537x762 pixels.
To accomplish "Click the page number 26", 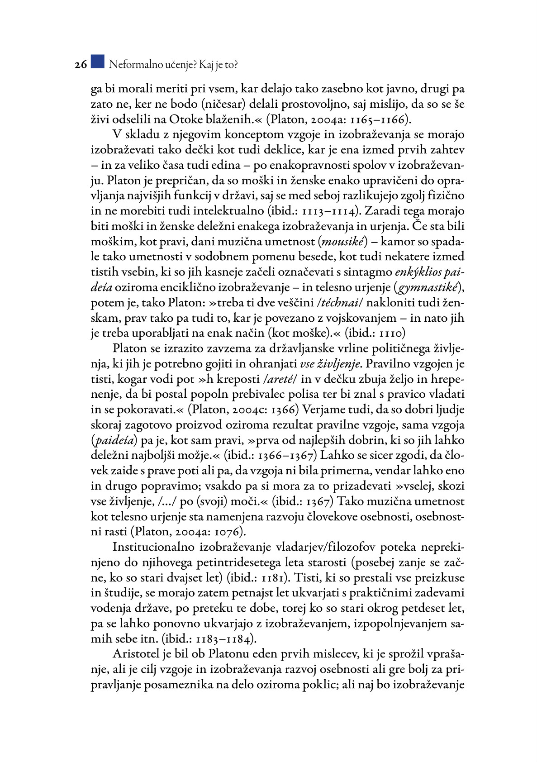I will pos(81,65).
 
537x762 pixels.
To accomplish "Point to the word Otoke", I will pos(184,119).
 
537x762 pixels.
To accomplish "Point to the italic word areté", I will pos(282,379).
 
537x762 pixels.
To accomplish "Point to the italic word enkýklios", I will pos(418,272).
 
